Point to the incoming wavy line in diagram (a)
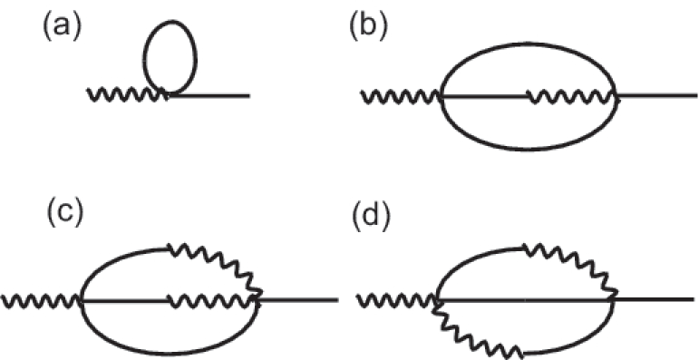point(125,94)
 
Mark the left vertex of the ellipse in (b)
point(442,94)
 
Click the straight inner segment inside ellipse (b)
point(486,94)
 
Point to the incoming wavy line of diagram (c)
point(42,299)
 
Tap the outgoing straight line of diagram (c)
point(299,299)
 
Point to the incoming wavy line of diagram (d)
point(398,299)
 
